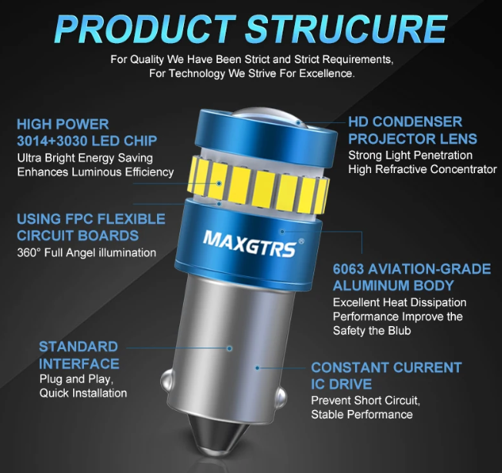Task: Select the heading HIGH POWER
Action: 63,124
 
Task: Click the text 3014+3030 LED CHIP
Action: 87,141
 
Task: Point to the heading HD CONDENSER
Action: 405,122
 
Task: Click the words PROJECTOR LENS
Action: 413,138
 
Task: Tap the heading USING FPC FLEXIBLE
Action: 91,218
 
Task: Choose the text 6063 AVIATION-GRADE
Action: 411,269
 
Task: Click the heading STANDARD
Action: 79,346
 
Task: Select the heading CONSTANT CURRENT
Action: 387,368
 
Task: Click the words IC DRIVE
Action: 341,384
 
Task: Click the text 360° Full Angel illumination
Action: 86,252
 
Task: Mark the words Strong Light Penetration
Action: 410,155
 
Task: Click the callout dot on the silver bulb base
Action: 229,348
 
